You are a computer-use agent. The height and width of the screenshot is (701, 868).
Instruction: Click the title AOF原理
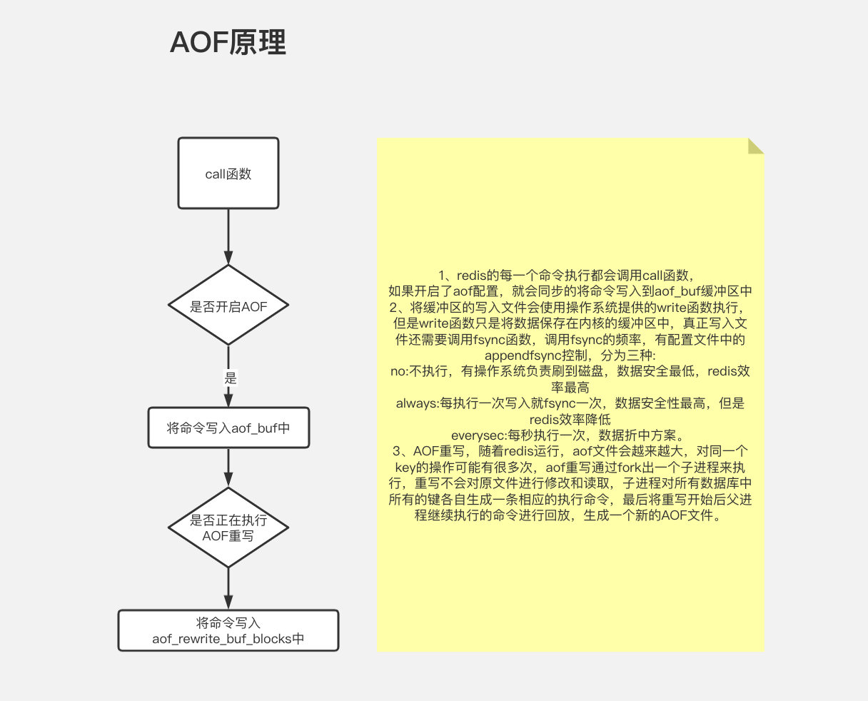(x=228, y=43)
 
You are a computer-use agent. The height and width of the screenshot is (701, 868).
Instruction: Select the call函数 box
(x=228, y=173)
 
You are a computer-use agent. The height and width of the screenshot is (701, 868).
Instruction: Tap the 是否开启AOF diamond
(x=228, y=306)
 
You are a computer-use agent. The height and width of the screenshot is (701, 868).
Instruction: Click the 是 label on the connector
(x=230, y=378)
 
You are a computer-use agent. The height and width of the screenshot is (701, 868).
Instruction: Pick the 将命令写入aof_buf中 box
(x=228, y=428)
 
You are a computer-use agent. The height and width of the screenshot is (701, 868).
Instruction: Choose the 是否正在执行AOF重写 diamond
(x=228, y=528)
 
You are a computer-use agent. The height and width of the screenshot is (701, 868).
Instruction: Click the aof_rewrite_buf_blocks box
(x=228, y=630)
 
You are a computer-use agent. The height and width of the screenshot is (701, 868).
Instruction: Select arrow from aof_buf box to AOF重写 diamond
(x=228, y=468)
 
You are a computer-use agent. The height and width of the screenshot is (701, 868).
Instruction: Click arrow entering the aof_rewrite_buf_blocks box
(x=228, y=589)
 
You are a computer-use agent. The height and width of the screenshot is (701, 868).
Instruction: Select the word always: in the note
(x=418, y=403)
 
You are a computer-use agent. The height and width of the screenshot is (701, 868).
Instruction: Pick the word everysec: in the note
(x=478, y=435)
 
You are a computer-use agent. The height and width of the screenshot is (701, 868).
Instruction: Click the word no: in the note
(x=398, y=371)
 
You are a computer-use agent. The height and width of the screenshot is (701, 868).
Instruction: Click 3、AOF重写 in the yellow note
(x=429, y=450)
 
